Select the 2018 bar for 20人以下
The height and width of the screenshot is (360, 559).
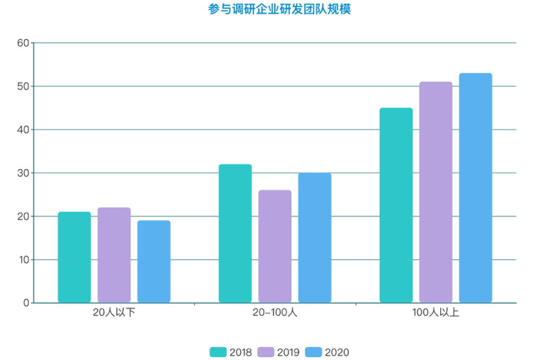74,258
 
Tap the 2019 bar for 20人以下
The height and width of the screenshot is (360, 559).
114,256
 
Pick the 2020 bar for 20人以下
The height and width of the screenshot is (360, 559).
154,262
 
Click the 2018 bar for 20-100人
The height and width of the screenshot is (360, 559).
235,234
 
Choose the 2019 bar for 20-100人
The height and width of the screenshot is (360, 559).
275,247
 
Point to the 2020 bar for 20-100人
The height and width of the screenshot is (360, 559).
315,238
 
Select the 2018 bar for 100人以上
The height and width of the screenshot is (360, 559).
396,205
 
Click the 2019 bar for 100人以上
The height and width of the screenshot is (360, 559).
435,192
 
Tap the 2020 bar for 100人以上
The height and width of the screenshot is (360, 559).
475,188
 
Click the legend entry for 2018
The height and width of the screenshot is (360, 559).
232,352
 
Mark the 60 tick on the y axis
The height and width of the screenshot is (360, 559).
23,43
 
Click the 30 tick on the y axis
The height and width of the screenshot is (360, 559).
23,173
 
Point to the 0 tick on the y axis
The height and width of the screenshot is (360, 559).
26,303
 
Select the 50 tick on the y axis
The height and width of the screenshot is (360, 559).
23,87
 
